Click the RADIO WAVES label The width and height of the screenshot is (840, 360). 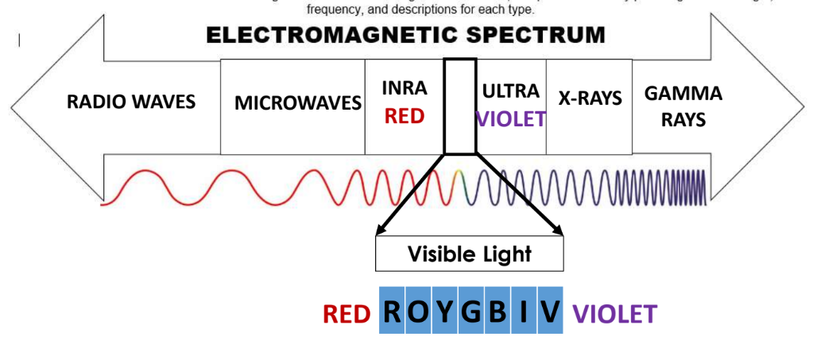[x=131, y=102]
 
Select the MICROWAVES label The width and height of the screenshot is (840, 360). [x=298, y=103]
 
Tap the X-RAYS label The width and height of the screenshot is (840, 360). [x=590, y=99]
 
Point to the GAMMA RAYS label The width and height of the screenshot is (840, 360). [x=683, y=106]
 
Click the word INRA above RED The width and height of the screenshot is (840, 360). [x=405, y=88]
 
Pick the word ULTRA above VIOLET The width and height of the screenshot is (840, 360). [x=511, y=91]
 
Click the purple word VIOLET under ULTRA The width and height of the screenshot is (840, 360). [x=511, y=119]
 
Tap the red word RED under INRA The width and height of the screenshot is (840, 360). [x=405, y=117]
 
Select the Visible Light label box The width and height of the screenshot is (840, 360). [x=469, y=254]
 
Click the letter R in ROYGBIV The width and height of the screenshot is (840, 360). [x=394, y=312]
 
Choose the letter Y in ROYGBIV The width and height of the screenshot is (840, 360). [x=446, y=312]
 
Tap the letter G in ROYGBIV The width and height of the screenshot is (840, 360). [x=471, y=312]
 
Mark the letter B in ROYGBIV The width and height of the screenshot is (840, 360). [x=497, y=312]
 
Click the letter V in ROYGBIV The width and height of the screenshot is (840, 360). [x=549, y=312]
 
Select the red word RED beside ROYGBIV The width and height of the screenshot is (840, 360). [x=346, y=315]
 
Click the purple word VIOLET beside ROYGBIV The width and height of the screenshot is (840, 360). [x=614, y=315]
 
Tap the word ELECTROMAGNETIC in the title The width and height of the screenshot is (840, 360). [x=323, y=36]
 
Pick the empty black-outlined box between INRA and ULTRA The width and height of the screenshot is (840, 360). [x=460, y=106]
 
